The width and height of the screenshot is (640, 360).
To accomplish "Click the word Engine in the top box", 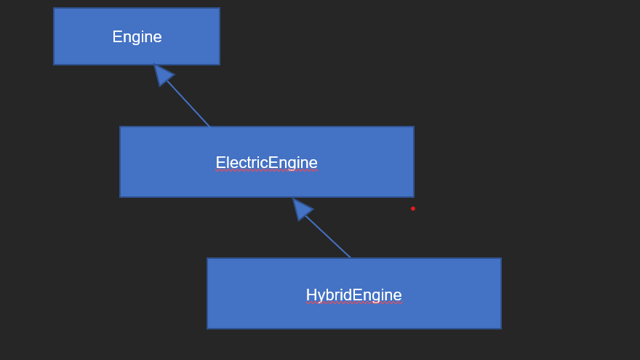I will pyautogui.click(x=137, y=37).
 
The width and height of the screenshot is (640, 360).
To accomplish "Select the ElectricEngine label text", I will pyautogui.click(x=266, y=163).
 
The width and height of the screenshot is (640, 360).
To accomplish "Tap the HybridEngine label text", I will pyautogui.click(x=353, y=295).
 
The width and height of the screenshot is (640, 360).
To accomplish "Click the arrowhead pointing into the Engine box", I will pyautogui.click(x=162, y=73).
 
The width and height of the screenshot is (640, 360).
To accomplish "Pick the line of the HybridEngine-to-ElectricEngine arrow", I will pyautogui.click(x=328, y=237).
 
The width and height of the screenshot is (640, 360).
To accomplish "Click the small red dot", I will pyautogui.click(x=413, y=209).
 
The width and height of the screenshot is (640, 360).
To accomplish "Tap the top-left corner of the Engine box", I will pyautogui.click(x=54, y=9).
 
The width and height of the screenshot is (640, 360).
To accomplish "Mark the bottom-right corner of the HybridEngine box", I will pyautogui.click(x=500, y=328).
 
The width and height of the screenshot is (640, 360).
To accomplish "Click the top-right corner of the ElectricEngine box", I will pyautogui.click(x=413, y=127).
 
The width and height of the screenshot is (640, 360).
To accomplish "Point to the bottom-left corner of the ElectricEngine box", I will pyautogui.click(x=121, y=196).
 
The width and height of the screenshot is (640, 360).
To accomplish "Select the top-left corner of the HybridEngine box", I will pyautogui.click(x=208, y=259).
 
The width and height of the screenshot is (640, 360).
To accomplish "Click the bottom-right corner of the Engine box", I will pyautogui.click(x=219, y=64).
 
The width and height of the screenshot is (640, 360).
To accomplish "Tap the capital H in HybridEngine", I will pyautogui.click(x=311, y=295).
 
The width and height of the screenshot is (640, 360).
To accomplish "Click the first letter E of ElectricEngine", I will pyautogui.click(x=220, y=163).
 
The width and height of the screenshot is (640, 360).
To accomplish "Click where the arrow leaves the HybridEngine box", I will pyautogui.click(x=351, y=258).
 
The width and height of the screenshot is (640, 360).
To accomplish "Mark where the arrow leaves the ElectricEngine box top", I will pyautogui.click(x=209, y=127).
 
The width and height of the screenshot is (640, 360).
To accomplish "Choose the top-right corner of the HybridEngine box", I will pyautogui.click(x=500, y=259).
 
